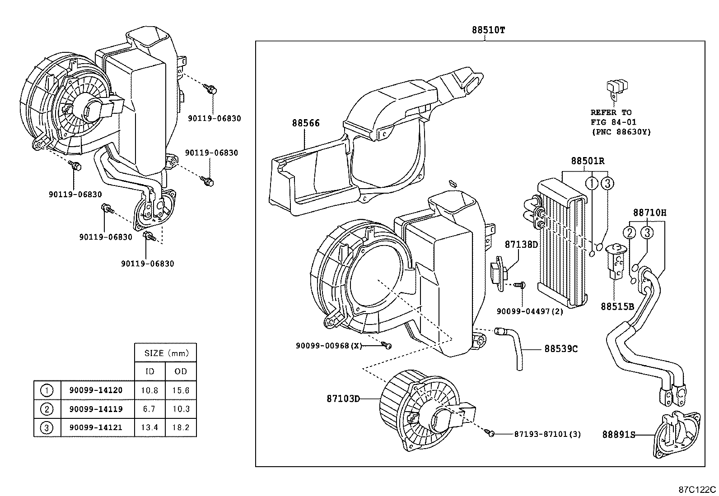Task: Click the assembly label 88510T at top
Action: click(x=488, y=30)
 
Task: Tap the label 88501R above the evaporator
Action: click(x=588, y=161)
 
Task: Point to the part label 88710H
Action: click(x=649, y=212)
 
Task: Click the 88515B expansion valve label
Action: click(x=617, y=306)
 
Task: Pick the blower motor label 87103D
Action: click(x=343, y=399)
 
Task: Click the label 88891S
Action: click(x=618, y=435)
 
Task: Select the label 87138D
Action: click(x=521, y=245)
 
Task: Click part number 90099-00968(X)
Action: click(x=329, y=346)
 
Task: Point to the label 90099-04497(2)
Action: click(x=530, y=311)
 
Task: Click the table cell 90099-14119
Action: click(x=96, y=409)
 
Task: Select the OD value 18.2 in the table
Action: click(x=181, y=427)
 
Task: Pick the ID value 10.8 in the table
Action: click(x=149, y=390)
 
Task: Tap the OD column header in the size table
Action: click(x=181, y=371)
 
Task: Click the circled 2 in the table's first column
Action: click(x=47, y=409)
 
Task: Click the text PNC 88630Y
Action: click(x=621, y=132)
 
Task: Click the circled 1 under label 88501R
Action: click(x=591, y=183)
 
